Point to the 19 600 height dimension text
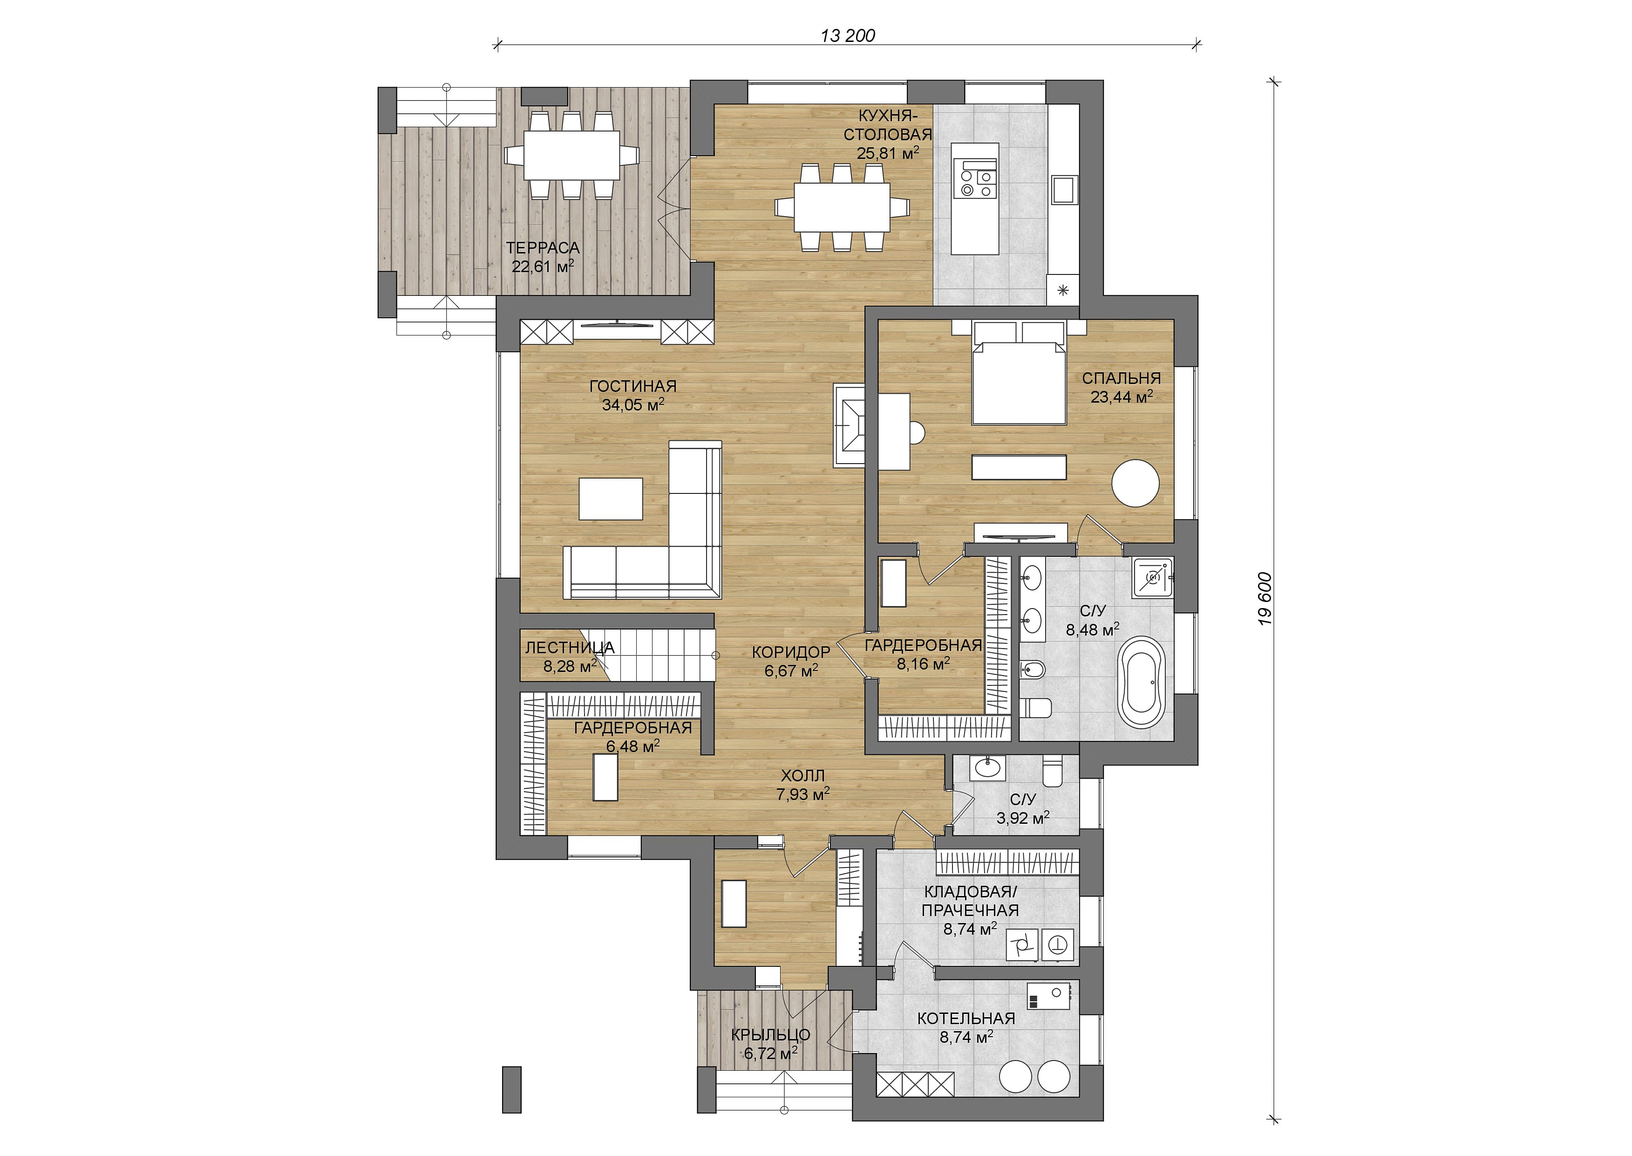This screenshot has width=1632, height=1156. click(x=1264, y=599)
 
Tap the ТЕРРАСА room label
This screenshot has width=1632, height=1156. click(x=543, y=248)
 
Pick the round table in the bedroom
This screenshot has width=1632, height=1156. click(x=1136, y=483)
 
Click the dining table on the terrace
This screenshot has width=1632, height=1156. click(x=572, y=155)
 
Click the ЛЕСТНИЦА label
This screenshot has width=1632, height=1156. click(x=570, y=648)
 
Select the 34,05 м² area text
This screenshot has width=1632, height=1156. click(x=633, y=404)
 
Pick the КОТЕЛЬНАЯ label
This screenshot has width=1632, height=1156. click(x=966, y=1019)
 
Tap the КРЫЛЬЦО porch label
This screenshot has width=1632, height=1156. click(x=770, y=1035)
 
